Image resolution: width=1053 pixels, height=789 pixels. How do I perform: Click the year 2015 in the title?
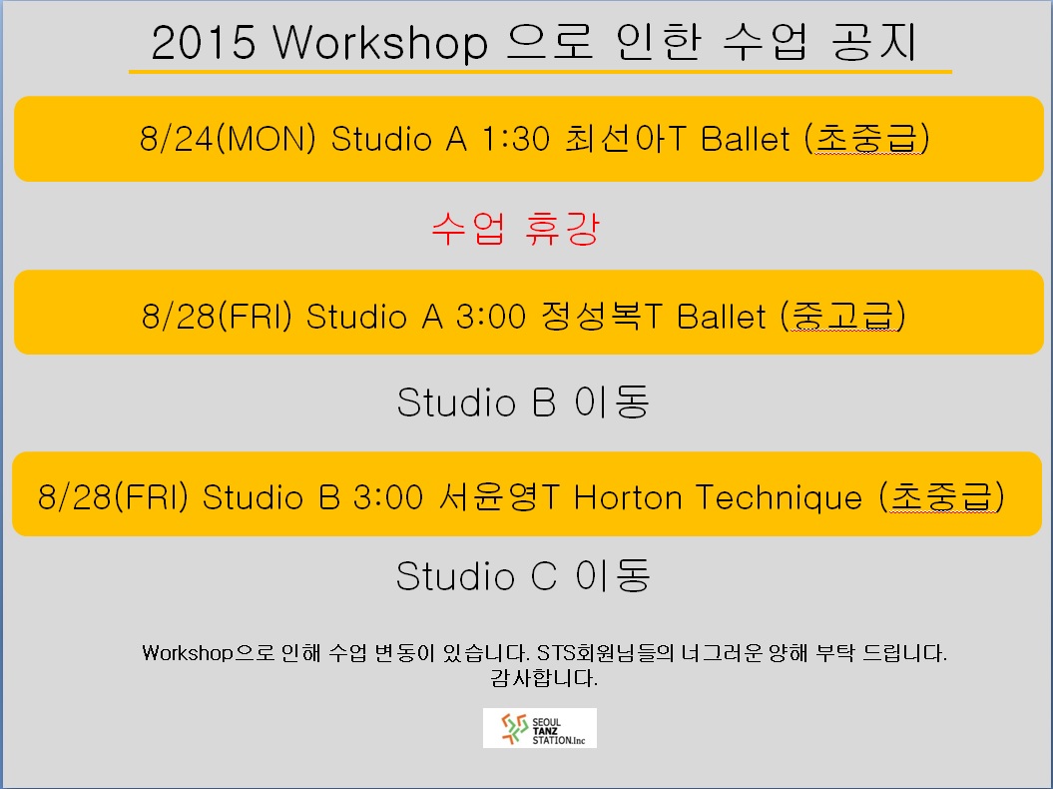tap(204, 42)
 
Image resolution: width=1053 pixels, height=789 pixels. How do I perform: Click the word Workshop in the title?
tap(380, 42)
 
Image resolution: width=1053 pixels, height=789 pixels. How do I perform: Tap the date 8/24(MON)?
tap(228, 139)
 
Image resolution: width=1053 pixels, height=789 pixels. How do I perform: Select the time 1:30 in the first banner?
tap(516, 139)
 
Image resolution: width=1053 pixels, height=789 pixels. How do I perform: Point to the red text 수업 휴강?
tap(515, 229)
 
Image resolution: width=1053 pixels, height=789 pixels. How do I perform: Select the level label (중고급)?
tap(842, 316)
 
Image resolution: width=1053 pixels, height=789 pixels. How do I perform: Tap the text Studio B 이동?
tap(523, 401)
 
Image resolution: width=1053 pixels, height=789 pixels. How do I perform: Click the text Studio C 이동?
tap(523, 576)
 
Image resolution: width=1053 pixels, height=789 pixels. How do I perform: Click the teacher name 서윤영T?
tap(499, 497)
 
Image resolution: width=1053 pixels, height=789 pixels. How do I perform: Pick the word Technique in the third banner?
tap(779, 498)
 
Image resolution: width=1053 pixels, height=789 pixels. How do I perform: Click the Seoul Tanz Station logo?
tap(540, 728)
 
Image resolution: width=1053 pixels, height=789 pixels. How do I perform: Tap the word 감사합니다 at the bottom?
tap(544, 678)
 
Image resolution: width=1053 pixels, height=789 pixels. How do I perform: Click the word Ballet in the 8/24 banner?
tap(746, 139)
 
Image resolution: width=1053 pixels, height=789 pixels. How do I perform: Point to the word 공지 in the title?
tap(874, 42)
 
